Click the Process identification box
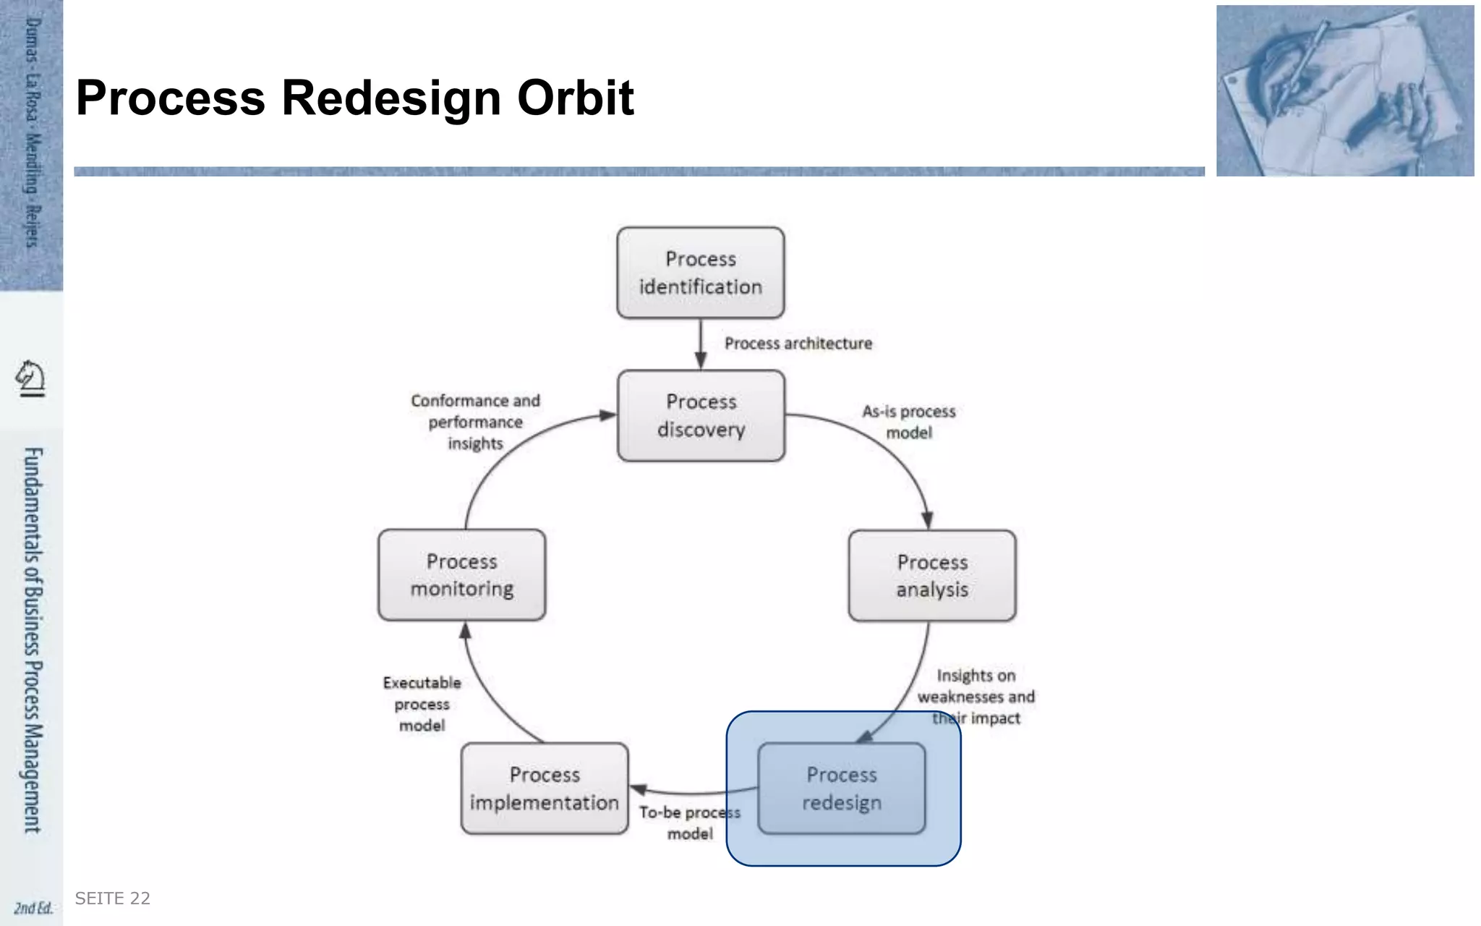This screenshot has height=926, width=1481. (x=700, y=273)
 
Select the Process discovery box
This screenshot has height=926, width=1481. (x=701, y=415)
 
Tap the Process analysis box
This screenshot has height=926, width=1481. (x=932, y=576)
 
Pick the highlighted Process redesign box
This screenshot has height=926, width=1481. (x=842, y=789)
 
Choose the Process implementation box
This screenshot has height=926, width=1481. (x=545, y=789)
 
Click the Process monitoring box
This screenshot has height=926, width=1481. (x=462, y=575)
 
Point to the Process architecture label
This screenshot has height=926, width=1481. (x=798, y=344)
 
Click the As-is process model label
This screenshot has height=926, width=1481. (x=909, y=422)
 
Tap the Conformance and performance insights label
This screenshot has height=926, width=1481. (x=475, y=422)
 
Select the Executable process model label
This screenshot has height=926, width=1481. (x=422, y=704)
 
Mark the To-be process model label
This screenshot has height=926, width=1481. (x=689, y=823)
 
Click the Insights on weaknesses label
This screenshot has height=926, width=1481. (x=976, y=697)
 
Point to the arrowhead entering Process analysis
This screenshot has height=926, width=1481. (x=927, y=519)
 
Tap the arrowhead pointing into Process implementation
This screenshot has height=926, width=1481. (x=639, y=789)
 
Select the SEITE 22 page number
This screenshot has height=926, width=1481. (x=113, y=899)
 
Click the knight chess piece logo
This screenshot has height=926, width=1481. (x=31, y=378)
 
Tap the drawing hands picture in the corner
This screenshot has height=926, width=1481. (x=1344, y=91)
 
